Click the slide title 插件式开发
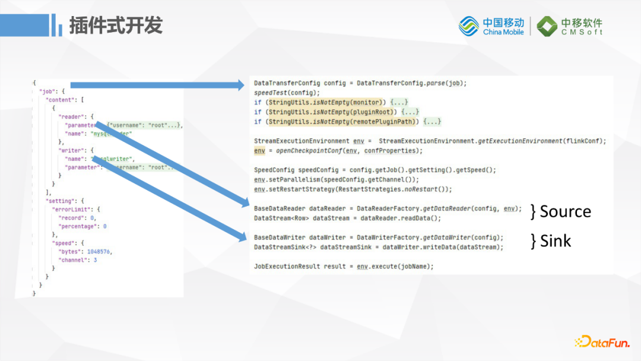point(116,26)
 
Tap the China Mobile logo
point(491,26)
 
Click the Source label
point(565,211)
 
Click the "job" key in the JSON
point(47,92)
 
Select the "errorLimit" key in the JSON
point(71,209)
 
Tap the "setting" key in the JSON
point(59,201)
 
